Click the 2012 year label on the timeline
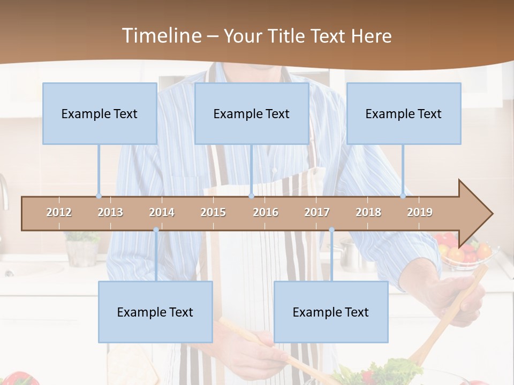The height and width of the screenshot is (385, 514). (x=59, y=212)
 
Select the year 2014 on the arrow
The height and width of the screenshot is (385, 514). (x=162, y=212)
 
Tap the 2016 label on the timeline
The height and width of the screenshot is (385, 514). (x=266, y=212)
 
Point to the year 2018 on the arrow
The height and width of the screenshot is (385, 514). (x=368, y=212)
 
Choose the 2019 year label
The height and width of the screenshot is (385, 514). (x=420, y=212)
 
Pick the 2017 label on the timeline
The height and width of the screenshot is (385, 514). (x=317, y=212)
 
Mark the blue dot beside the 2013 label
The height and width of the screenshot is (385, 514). (x=99, y=196)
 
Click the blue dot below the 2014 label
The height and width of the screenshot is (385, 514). (x=156, y=230)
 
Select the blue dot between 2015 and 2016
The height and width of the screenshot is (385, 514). (x=251, y=196)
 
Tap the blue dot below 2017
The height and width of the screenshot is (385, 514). (x=331, y=230)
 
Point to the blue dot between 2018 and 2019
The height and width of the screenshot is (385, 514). (x=403, y=196)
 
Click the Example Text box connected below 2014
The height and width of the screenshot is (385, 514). (x=155, y=312)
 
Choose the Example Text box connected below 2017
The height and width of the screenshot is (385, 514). (x=331, y=312)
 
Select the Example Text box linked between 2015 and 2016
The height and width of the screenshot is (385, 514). (x=252, y=113)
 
